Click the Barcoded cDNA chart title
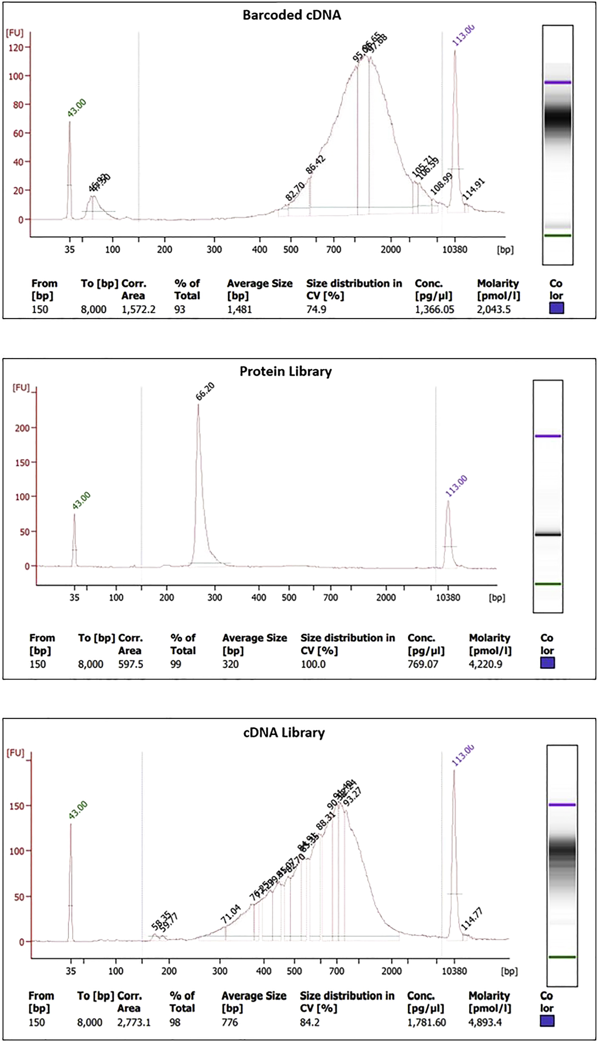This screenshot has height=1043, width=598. [x=292, y=15]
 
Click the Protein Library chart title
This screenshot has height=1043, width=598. [x=285, y=371]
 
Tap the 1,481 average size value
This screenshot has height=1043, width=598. [x=239, y=309]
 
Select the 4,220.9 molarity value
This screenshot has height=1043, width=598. [x=485, y=664]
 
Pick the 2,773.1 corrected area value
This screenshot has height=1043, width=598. [x=134, y=1022]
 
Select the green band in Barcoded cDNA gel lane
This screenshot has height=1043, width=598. [x=557, y=235]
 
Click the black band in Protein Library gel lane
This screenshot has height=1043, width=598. [x=547, y=534]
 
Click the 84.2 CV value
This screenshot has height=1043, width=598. [x=309, y=1022]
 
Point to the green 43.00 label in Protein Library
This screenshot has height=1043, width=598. [x=81, y=501]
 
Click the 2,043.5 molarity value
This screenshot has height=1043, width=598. [x=494, y=309]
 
